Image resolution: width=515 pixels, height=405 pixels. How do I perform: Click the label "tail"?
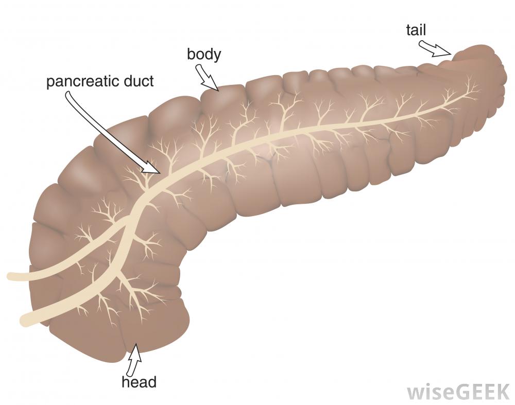(416, 30)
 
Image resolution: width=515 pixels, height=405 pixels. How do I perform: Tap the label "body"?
(204, 54)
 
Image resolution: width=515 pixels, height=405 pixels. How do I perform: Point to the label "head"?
(139, 382)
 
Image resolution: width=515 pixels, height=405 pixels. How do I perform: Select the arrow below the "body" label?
(207, 78)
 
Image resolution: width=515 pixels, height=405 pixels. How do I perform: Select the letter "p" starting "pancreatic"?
(50, 83)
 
